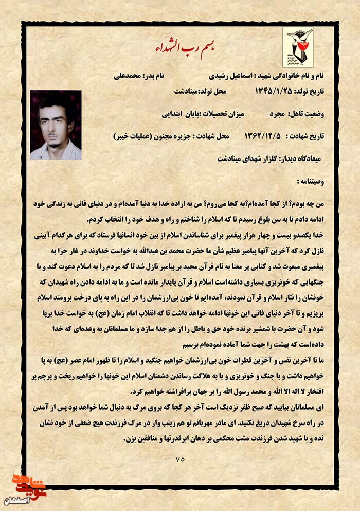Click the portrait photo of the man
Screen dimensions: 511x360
pos(56,125)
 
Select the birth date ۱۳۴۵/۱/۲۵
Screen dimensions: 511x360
pos(271,91)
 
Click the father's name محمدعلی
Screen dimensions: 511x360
pos(128,76)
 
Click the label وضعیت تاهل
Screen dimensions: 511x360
pos(312,113)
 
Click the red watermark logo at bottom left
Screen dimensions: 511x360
pos(27,485)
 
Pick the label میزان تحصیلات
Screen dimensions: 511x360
pos(227,113)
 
